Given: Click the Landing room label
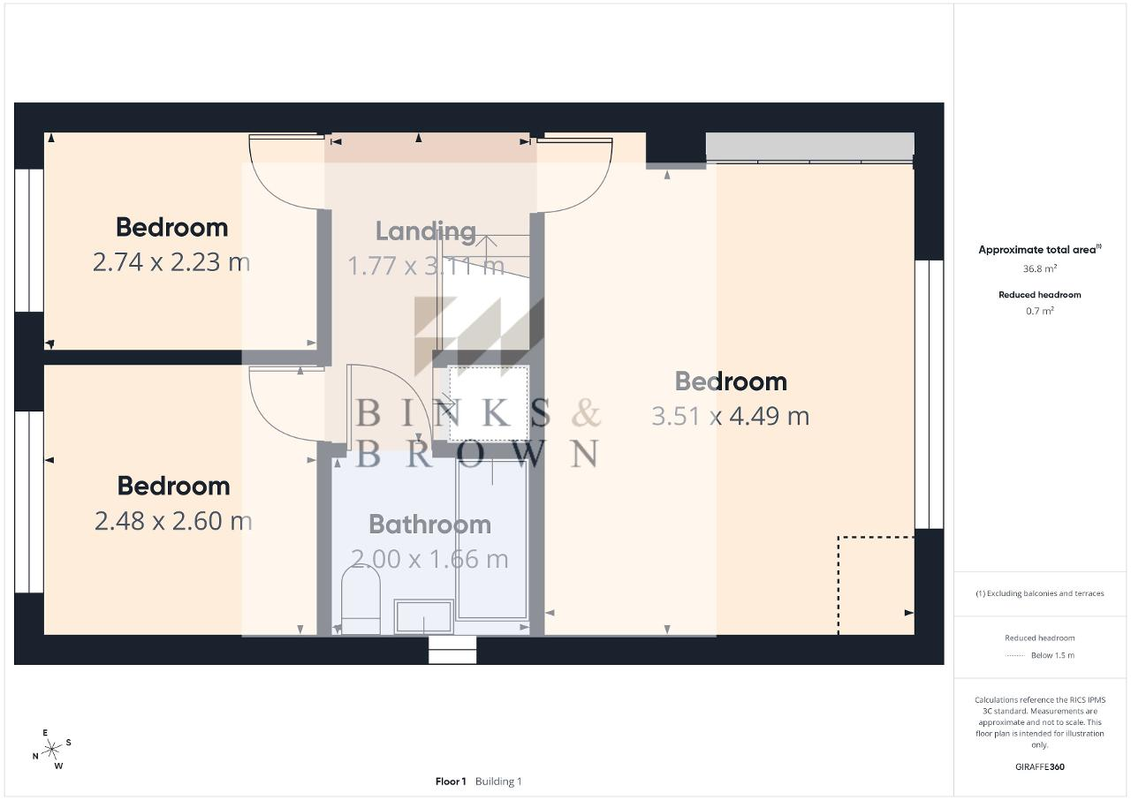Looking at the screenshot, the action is tap(426, 231).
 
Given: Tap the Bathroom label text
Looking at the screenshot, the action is tap(429, 525).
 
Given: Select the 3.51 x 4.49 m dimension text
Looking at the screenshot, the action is tap(730, 417).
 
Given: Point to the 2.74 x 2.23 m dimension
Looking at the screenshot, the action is tap(171, 262).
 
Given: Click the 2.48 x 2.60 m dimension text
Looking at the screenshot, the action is tap(173, 521).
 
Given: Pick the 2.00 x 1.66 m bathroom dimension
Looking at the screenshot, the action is tap(429, 560).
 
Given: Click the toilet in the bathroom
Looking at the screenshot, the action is tap(361, 600).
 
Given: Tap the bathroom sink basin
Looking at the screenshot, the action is tap(423, 615).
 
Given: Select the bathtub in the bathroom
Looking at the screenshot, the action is tap(492, 540).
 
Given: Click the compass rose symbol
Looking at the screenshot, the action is tap(51, 750).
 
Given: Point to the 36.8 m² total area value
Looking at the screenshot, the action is tap(1040, 268).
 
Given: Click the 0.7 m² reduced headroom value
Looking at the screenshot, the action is tap(1040, 311).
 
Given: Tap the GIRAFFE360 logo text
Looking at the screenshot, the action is tap(1040, 766).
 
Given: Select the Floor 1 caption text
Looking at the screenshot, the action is tap(451, 781).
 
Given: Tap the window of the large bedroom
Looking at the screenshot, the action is tap(929, 395).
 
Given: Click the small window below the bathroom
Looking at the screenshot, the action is tap(452, 650).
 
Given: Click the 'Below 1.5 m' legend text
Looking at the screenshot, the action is tap(1052, 655).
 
